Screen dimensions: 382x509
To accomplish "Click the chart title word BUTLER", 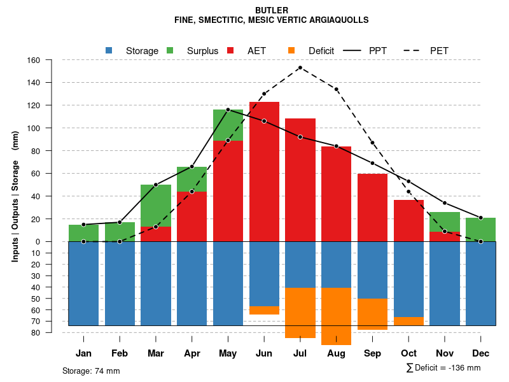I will [272, 10].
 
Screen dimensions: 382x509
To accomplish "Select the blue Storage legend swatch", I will [109, 50].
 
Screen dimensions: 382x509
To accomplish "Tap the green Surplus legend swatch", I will [170, 50].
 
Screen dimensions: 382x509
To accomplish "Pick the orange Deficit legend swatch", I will [291, 50].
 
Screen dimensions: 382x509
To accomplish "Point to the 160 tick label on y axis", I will [34, 60].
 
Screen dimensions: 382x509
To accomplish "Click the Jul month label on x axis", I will [300, 353].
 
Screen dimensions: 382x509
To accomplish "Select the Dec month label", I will [480, 353].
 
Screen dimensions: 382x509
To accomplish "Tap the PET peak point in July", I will [300, 67].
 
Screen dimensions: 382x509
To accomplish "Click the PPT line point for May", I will [228, 110].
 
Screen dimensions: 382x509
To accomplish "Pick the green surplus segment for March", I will [156, 205].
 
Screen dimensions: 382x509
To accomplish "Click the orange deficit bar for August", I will [337, 316].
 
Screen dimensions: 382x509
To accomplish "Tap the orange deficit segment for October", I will [408, 321].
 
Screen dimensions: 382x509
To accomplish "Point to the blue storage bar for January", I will [83, 283].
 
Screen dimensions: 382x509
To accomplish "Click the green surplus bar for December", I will [480, 229].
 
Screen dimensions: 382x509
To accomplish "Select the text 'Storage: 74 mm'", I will [91, 371].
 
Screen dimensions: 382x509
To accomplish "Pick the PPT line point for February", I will [120, 222].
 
